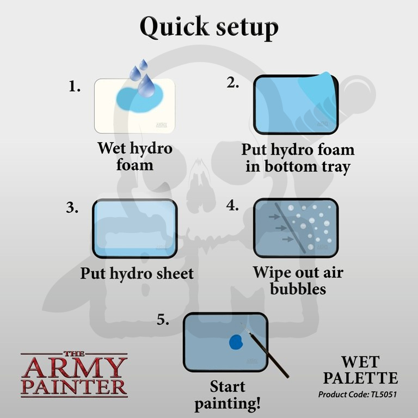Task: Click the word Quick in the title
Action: (175, 27)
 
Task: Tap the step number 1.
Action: (75, 87)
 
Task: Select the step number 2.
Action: (233, 82)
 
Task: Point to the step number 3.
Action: (72, 207)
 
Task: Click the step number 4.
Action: (232, 206)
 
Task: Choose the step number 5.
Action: (163, 319)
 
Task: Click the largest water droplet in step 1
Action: (146, 86)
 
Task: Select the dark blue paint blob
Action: (236, 342)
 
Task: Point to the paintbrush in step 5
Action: (265, 350)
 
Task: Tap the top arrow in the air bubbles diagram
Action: (274, 217)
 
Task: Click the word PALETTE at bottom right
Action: (360, 378)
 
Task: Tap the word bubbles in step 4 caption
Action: (298, 289)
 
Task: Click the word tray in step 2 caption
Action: (336, 167)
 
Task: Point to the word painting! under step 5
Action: (228, 404)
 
